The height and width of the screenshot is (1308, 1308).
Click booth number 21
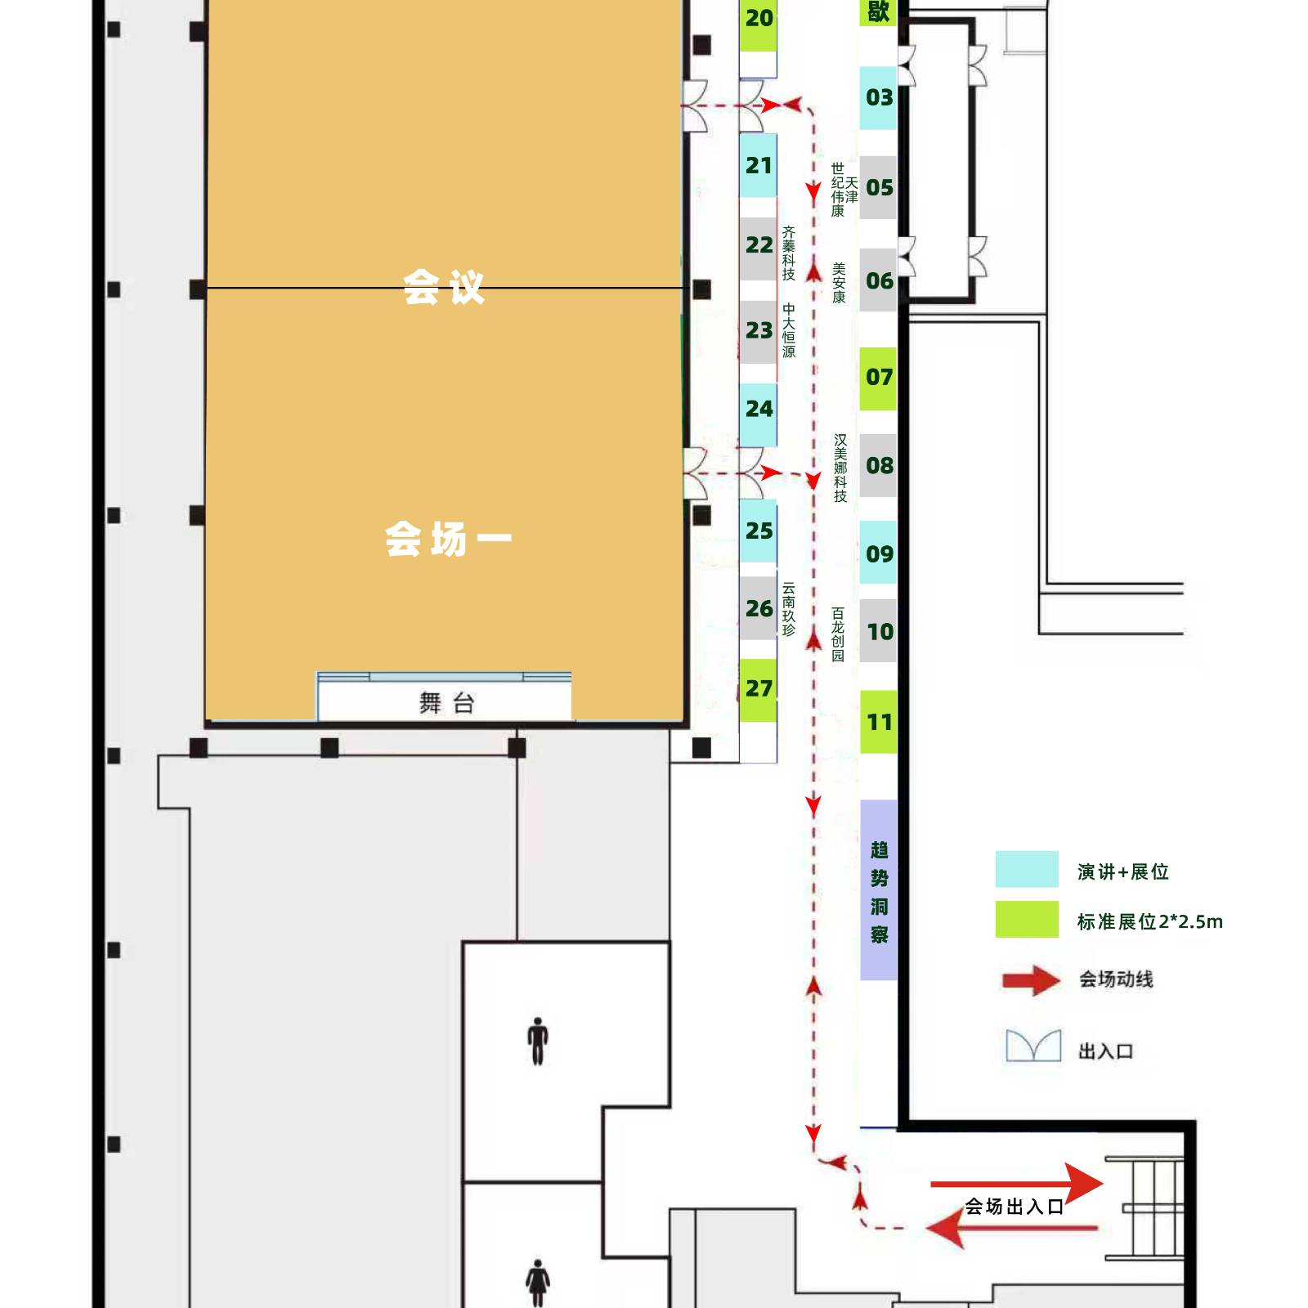(x=758, y=165)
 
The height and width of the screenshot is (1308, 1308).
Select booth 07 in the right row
(x=878, y=378)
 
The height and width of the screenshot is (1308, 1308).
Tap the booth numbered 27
(x=758, y=689)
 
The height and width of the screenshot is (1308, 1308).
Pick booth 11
(x=878, y=722)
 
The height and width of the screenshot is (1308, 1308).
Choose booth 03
(x=878, y=98)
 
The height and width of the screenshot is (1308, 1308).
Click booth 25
(x=758, y=531)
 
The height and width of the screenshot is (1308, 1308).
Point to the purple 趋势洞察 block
(x=879, y=889)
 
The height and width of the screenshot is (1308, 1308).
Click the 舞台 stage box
(x=445, y=701)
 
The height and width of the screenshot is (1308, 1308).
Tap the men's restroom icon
(x=537, y=1041)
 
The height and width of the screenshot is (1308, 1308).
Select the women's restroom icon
(x=537, y=1283)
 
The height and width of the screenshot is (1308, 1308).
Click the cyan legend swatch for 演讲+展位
(x=1027, y=869)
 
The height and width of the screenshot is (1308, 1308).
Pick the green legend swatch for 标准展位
(x=1027, y=919)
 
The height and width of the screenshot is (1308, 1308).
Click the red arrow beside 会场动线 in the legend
(x=1032, y=980)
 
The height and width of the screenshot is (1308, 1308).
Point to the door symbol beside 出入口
(x=1033, y=1046)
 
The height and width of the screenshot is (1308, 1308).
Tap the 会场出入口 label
(x=1014, y=1207)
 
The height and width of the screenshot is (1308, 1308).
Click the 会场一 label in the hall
(x=448, y=540)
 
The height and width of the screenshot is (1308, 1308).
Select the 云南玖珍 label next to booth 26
(x=788, y=609)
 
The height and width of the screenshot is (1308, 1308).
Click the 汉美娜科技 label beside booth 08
(x=840, y=468)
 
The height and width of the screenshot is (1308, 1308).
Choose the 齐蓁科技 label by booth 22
(x=788, y=253)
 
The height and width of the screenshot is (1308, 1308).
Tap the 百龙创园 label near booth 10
(x=838, y=634)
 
